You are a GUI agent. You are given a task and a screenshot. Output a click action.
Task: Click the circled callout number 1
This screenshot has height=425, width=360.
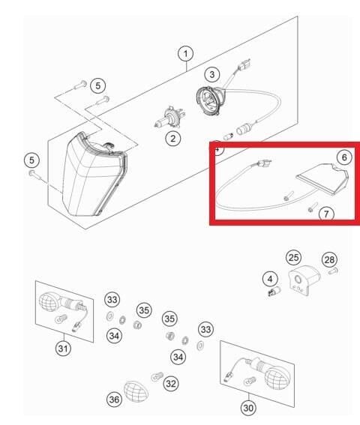[x=185, y=54]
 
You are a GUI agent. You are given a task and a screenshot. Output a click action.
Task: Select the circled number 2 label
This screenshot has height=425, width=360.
[x=172, y=139]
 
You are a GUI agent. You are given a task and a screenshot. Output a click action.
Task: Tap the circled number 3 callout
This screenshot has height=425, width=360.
[x=212, y=74]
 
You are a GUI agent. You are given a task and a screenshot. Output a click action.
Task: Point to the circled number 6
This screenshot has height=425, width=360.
[x=344, y=157]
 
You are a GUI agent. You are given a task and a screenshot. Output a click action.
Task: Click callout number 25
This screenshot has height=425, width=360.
[x=293, y=258]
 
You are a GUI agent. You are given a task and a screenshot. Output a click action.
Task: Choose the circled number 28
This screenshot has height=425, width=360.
[x=329, y=260]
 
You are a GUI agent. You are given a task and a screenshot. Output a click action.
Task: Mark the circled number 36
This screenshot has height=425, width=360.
[x=114, y=400]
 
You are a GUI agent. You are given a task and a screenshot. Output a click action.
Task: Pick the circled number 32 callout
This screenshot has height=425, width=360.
[x=171, y=384]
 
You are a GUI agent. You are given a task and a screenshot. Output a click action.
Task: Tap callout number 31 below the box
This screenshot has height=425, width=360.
[x=63, y=348]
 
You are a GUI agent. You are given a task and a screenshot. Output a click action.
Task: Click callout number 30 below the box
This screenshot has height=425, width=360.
[x=248, y=408]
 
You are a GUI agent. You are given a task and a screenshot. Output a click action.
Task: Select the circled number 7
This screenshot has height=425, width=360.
[x=326, y=214]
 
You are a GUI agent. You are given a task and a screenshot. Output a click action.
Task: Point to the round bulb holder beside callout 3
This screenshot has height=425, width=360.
[x=210, y=100]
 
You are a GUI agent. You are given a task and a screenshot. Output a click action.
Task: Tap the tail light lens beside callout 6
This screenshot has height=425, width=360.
[x=322, y=178]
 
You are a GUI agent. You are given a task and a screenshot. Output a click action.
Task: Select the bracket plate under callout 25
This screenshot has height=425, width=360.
[x=303, y=280]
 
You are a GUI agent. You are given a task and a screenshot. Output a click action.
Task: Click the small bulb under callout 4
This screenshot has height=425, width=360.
[x=274, y=292]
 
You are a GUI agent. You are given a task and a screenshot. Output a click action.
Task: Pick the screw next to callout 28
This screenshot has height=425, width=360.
[x=333, y=271]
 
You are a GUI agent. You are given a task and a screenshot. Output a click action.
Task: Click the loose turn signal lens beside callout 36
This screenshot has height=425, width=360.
[x=136, y=392]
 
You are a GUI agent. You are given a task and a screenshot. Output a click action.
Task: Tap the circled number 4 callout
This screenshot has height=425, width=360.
[x=270, y=279]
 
